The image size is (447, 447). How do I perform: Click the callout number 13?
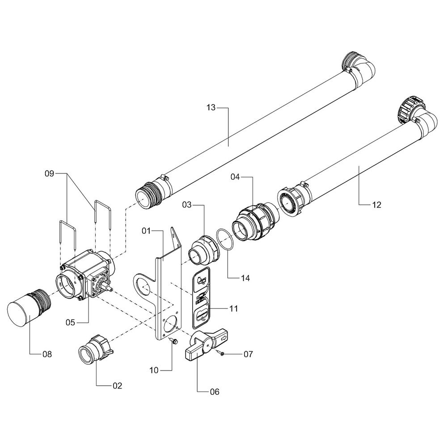tap(211, 108)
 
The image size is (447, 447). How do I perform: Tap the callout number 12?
tap(376, 205)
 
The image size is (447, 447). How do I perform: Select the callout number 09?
tap(49, 173)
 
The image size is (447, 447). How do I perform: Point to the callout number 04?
tap(235, 177)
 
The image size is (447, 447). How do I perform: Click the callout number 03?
tap(187, 205)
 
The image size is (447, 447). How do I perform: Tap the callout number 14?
tap(245, 278)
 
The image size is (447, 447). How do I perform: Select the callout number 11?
tap(233, 308)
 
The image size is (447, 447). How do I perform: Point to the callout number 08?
tap(47, 354)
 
